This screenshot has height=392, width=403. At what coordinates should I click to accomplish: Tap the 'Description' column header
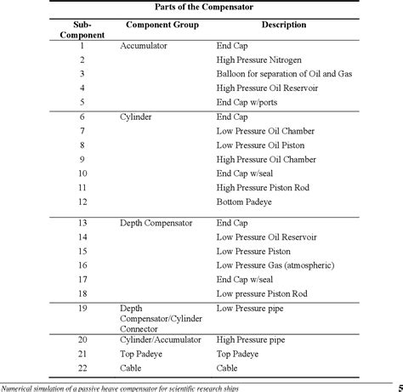284,25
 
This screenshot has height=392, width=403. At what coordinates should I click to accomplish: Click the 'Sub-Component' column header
82,30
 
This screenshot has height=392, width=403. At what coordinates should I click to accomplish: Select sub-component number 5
82,103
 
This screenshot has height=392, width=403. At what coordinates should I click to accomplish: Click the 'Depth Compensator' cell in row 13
157,223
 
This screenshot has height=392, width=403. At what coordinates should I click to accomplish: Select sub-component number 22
82,367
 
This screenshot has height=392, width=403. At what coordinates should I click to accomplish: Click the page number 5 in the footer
400,387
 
